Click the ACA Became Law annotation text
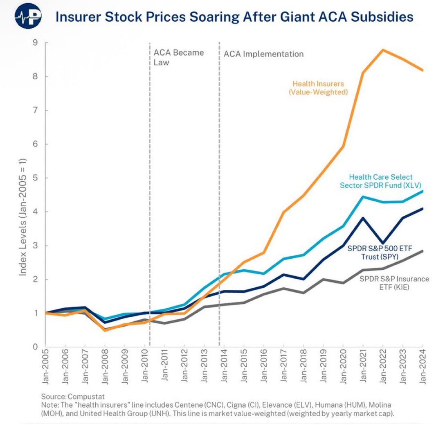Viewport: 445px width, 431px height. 178,58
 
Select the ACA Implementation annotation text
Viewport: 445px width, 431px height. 263,54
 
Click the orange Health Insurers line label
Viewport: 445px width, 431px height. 318,88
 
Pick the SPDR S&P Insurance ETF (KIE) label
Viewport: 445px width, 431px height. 394,283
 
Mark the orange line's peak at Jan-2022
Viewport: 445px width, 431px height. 383,50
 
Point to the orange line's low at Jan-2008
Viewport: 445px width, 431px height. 105,330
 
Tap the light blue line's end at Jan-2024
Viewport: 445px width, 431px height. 422,191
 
